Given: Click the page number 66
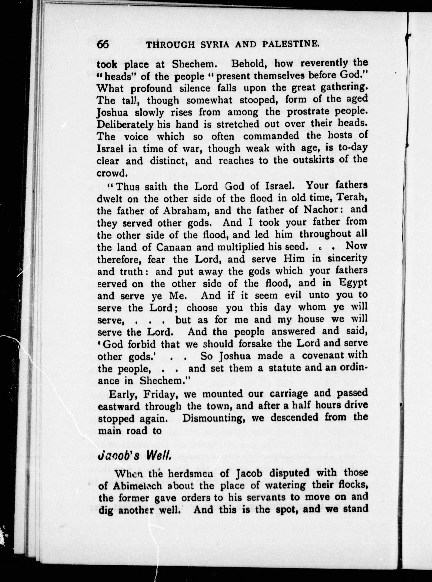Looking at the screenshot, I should click(103, 44).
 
